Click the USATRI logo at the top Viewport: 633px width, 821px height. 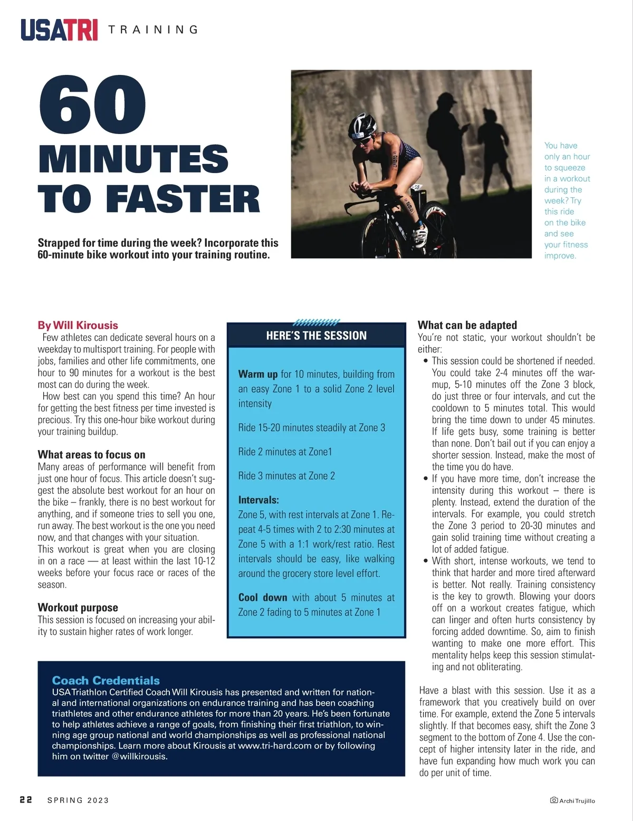59,30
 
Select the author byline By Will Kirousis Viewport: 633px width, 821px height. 78,325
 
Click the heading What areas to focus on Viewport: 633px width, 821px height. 91,454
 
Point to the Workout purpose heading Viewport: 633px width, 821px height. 78,607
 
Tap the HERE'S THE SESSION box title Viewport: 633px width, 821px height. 316,336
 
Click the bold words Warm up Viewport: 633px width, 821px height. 257,374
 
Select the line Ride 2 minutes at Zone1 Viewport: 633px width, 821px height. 285,452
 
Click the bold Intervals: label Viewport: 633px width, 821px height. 258,500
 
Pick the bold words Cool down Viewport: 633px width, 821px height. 263,597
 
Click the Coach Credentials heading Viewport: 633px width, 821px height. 105,680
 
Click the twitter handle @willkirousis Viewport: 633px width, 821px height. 139,756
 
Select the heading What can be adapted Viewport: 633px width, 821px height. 467,325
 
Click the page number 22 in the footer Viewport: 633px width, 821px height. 26,799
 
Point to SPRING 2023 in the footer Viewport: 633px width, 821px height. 78,800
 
